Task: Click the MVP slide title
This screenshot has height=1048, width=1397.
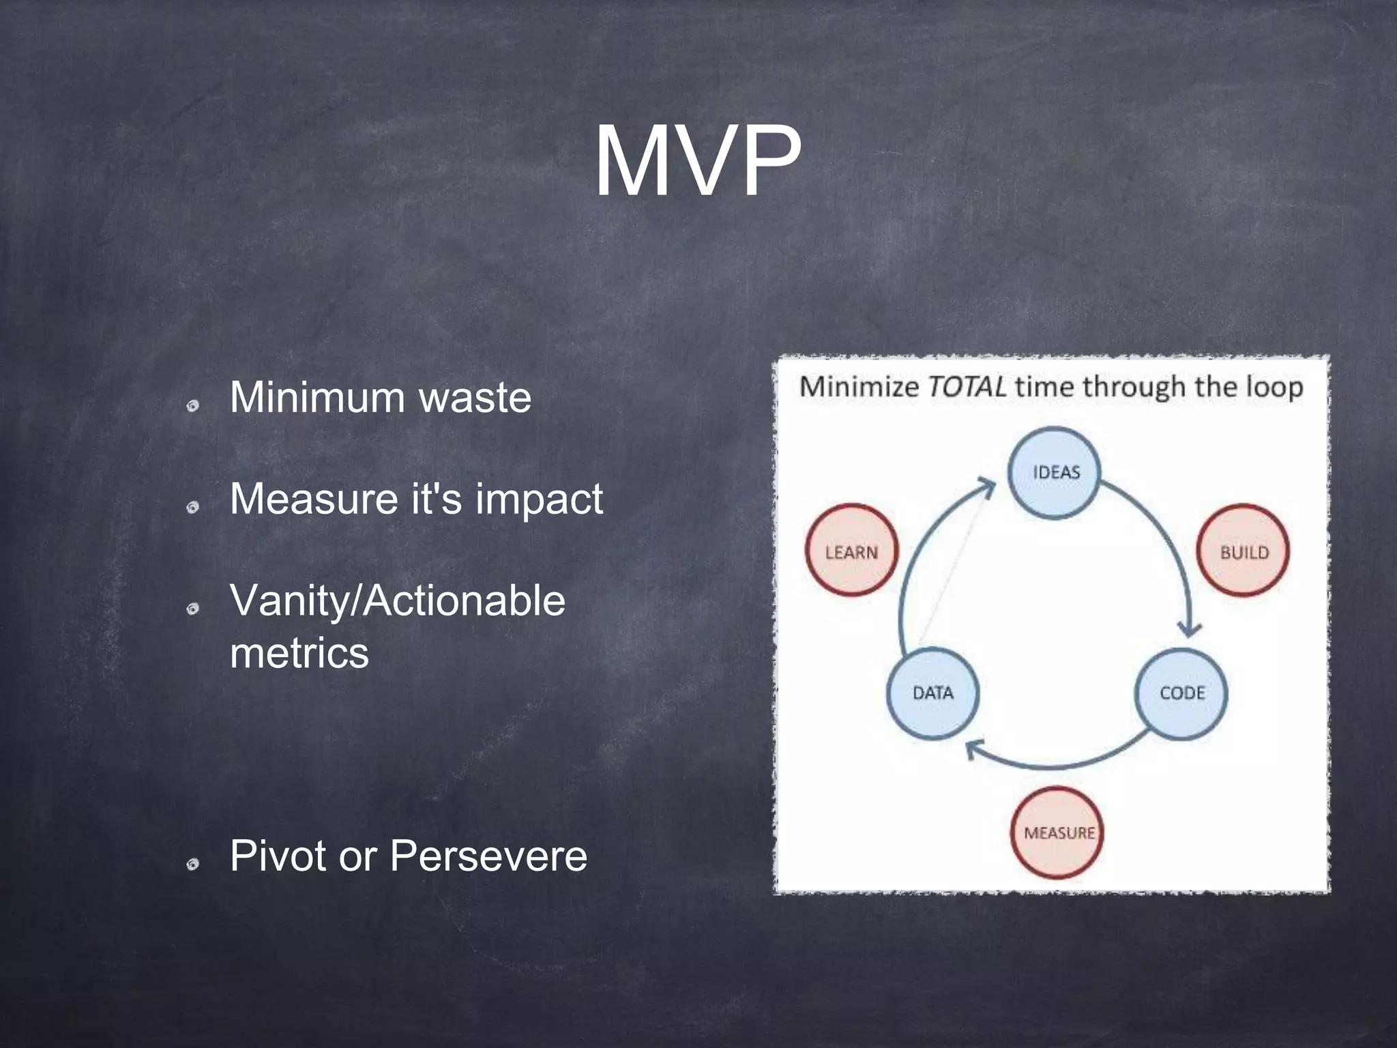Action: pyautogui.click(x=697, y=162)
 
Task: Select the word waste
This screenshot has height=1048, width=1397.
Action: pyautogui.click(x=475, y=397)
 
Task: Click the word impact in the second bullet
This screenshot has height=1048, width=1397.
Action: pyautogui.click(x=539, y=499)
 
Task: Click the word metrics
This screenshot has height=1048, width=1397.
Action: pyautogui.click(x=299, y=653)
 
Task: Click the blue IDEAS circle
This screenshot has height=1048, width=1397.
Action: pyautogui.click(x=1055, y=472)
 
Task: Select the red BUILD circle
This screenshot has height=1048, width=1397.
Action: pyautogui.click(x=1243, y=551)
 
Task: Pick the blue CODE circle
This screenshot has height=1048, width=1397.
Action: pyautogui.click(x=1181, y=693)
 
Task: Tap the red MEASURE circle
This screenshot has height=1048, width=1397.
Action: pyautogui.click(x=1057, y=833)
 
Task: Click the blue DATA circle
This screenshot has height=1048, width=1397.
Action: pyautogui.click(x=932, y=693)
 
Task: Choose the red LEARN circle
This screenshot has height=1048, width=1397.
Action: pyautogui.click(x=851, y=551)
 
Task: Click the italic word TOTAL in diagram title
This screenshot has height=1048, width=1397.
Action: pyautogui.click(x=966, y=387)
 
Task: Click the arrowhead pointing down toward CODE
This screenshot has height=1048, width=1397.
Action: pyautogui.click(x=1190, y=629)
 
